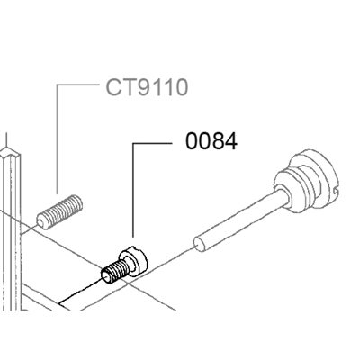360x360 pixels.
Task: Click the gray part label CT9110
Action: coord(147,87)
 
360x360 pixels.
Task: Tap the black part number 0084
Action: coord(211,141)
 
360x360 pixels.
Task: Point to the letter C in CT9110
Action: coord(112,87)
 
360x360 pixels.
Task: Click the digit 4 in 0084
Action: coord(231,141)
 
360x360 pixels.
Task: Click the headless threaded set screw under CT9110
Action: coord(59,212)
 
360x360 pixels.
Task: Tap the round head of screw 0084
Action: coord(134,259)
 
